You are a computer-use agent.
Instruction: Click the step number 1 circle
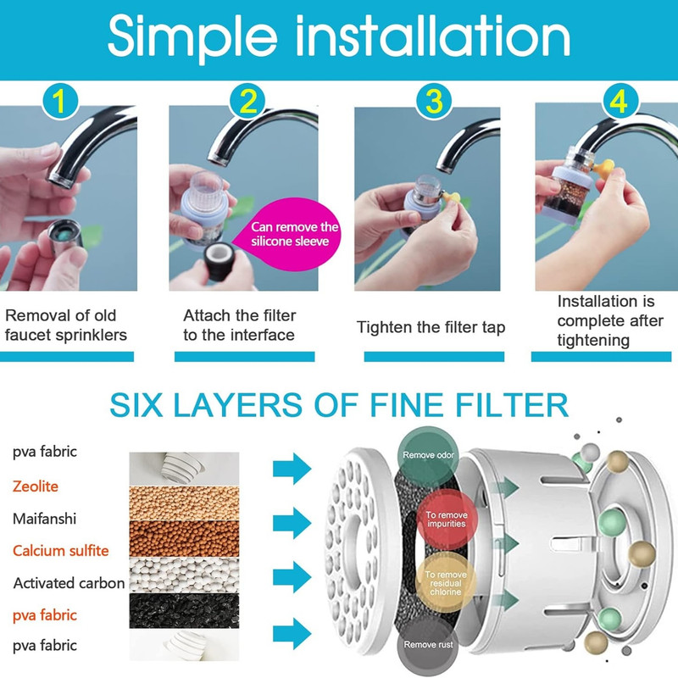[60, 102]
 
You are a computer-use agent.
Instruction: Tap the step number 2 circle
[247, 102]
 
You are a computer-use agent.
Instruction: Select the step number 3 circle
[434, 102]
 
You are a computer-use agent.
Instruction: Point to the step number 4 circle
[621, 102]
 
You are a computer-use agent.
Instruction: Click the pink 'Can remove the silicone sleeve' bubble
[290, 234]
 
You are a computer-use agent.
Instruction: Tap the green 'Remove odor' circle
[428, 456]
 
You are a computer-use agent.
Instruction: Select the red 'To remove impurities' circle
[447, 520]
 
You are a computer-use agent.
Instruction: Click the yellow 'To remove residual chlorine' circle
[446, 583]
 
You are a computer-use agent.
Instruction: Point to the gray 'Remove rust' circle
[428, 645]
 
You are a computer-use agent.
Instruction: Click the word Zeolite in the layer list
[36, 486]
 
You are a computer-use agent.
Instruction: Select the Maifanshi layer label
[45, 519]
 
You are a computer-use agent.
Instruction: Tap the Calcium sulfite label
[60, 550]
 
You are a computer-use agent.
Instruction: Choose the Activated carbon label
[69, 583]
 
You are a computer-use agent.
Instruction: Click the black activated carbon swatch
[184, 610]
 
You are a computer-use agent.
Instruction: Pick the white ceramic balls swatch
[184, 575]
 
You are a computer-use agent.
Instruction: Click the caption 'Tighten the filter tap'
[431, 328]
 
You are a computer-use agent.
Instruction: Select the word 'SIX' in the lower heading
[136, 405]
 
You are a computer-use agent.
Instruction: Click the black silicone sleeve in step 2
[219, 261]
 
